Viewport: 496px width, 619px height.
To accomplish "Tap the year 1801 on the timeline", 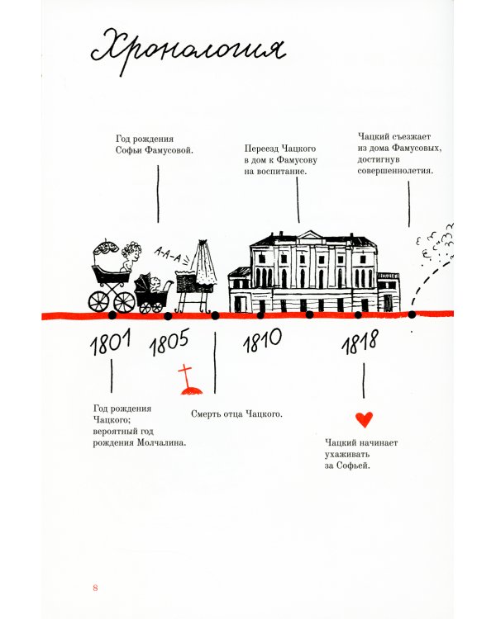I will (x=110, y=344).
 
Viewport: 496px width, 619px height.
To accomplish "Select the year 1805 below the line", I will (x=169, y=341).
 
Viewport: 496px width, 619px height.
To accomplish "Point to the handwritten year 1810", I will (x=262, y=338).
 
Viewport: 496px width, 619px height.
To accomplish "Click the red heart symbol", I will (x=364, y=419).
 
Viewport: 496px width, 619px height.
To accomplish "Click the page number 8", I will (x=96, y=587).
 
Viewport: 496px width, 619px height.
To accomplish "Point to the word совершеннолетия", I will (x=396, y=171).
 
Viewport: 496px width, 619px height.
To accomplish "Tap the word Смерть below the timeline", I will (x=207, y=413).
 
